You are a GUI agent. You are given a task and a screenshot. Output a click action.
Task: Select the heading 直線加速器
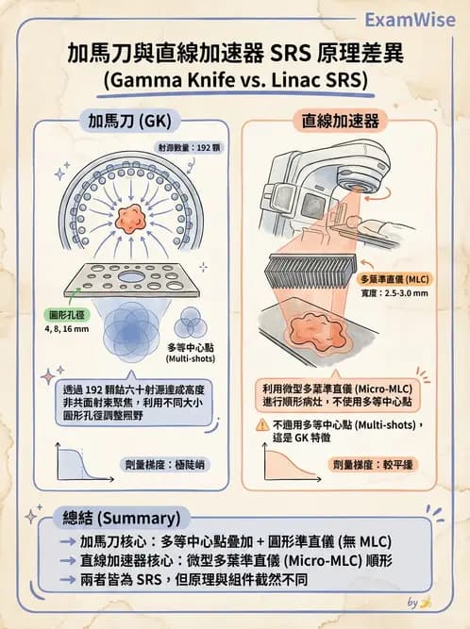(x=341, y=122)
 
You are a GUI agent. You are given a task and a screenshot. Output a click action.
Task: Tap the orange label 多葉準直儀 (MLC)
(x=396, y=280)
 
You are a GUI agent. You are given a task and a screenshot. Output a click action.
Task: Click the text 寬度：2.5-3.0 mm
(x=394, y=294)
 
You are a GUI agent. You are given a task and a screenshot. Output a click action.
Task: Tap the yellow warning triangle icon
(x=262, y=425)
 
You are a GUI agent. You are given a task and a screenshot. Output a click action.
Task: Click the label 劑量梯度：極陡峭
(x=163, y=465)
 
